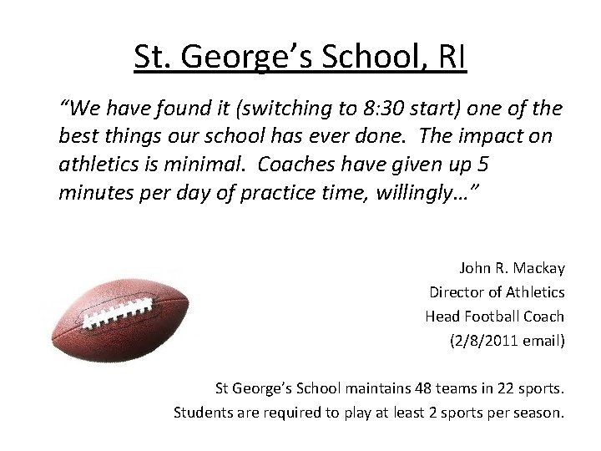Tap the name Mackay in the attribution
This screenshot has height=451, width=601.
[537, 268]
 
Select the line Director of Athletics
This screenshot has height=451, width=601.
[497, 292]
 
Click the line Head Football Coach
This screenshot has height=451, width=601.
[494, 317]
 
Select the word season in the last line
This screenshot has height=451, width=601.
[538, 412]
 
